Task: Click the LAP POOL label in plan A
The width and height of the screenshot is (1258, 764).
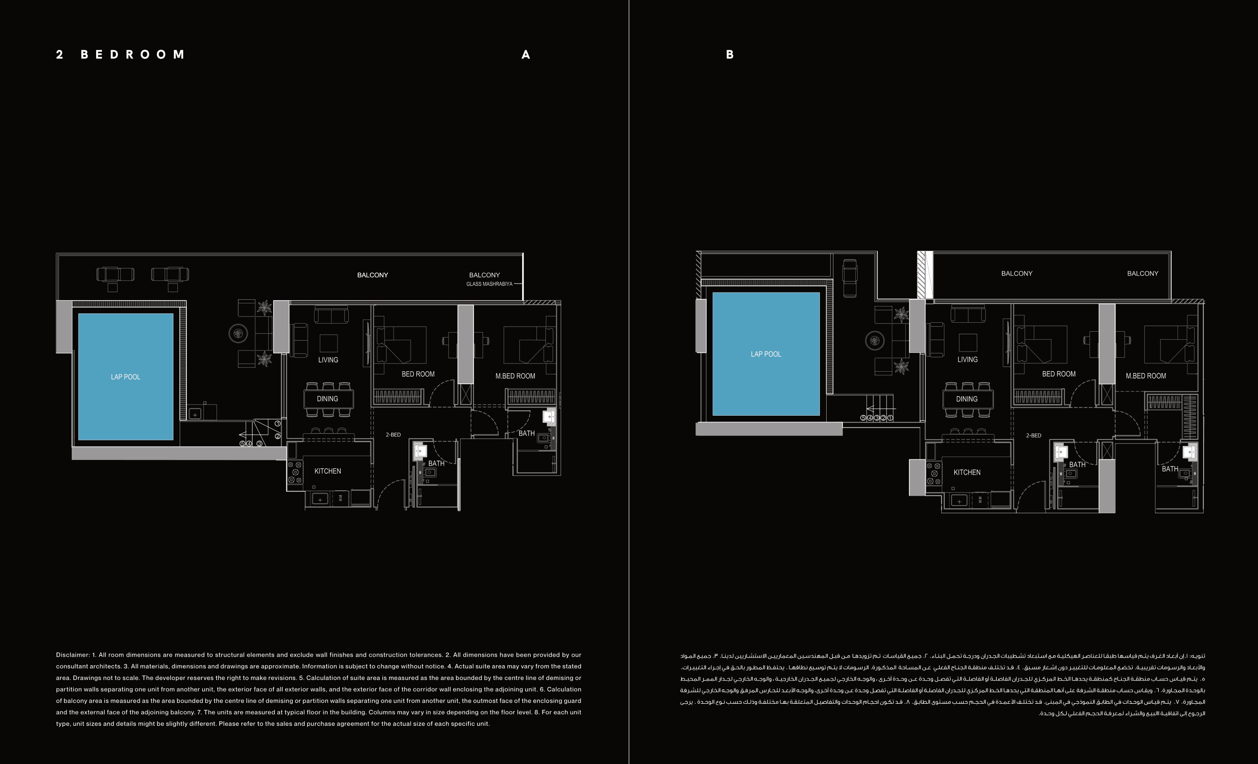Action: point(126,377)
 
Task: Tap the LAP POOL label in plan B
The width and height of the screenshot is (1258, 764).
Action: point(766,354)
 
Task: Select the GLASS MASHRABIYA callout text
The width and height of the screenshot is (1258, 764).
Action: point(489,284)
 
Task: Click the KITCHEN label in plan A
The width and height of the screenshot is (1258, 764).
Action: point(328,471)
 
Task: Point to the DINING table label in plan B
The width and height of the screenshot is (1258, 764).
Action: point(967,399)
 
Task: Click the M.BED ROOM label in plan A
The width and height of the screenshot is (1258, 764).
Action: point(515,376)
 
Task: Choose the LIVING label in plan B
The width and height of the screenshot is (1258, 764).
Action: point(967,360)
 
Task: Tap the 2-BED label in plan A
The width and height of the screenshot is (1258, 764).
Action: point(393,435)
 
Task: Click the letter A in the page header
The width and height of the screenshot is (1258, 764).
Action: point(526,55)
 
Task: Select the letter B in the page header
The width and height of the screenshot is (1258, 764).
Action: point(730,55)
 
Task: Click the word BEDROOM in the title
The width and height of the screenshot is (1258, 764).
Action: point(133,55)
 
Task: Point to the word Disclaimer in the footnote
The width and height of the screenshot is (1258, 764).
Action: point(72,655)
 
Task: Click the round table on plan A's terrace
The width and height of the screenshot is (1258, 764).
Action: point(238,334)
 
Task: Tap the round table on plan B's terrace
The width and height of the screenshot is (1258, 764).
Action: point(875,341)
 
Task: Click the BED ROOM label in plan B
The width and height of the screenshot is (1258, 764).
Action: point(1059,374)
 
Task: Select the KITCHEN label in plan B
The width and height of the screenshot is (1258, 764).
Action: point(967,472)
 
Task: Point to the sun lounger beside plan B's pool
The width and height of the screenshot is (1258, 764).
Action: point(850,278)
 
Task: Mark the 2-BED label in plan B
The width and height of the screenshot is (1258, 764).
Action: point(1034,435)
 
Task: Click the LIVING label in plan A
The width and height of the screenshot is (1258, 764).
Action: point(328,360)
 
